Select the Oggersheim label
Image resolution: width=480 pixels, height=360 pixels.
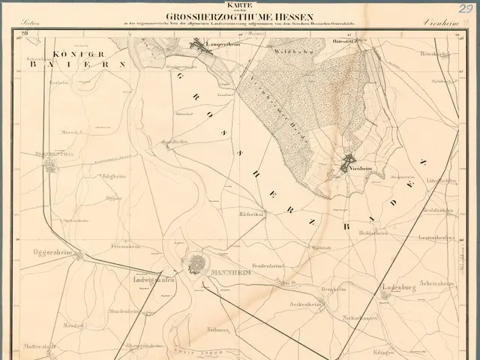(52, 253)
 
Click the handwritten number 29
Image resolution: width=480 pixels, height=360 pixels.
(466, 9)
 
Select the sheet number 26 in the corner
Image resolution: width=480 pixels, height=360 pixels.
(25, 33)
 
